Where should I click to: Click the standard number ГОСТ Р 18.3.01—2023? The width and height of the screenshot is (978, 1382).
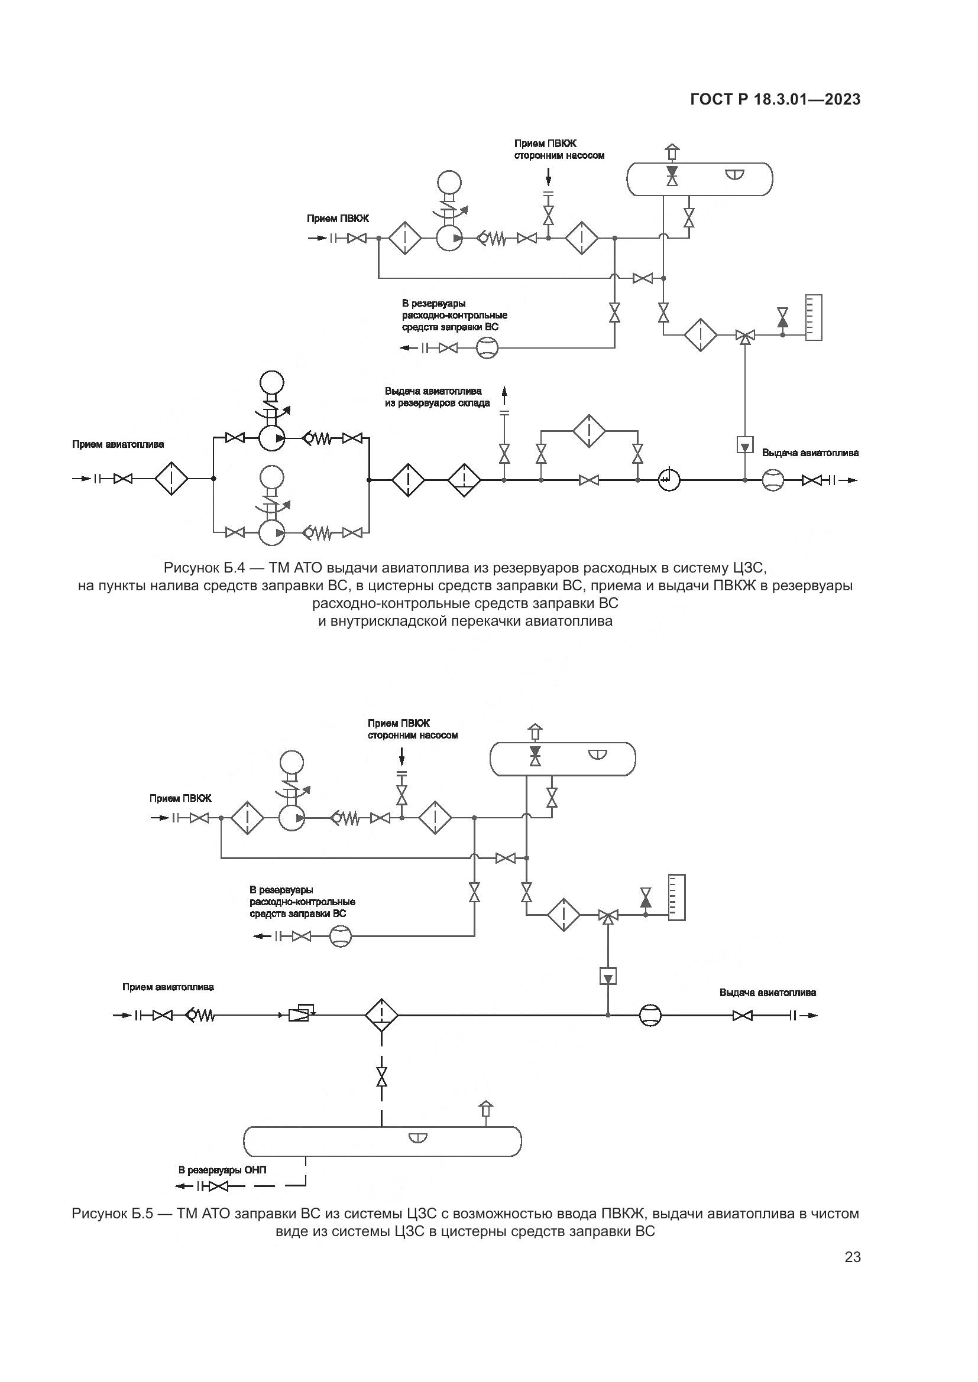point(775,100)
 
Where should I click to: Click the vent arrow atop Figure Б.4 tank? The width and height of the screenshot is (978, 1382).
point(672,152)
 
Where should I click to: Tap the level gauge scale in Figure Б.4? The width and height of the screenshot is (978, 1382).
point(814,317)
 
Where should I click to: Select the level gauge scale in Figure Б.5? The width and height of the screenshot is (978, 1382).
point(677,898)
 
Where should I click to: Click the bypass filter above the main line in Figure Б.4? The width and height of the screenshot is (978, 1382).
point(589,430)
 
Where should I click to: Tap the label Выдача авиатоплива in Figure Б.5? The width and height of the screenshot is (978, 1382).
point(768,993)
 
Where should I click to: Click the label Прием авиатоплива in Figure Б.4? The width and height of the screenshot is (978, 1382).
point(118,445)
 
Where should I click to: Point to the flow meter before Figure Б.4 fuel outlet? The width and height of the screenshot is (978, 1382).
point(772,480)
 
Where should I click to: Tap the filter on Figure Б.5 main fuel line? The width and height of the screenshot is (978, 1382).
point(381,1016)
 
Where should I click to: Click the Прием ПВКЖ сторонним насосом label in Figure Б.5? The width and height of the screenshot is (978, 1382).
point(413,729)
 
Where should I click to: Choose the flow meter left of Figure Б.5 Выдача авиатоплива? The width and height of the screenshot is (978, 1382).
point(650,1016)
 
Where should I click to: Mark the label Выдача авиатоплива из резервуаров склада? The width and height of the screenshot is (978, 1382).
point(437,397)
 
